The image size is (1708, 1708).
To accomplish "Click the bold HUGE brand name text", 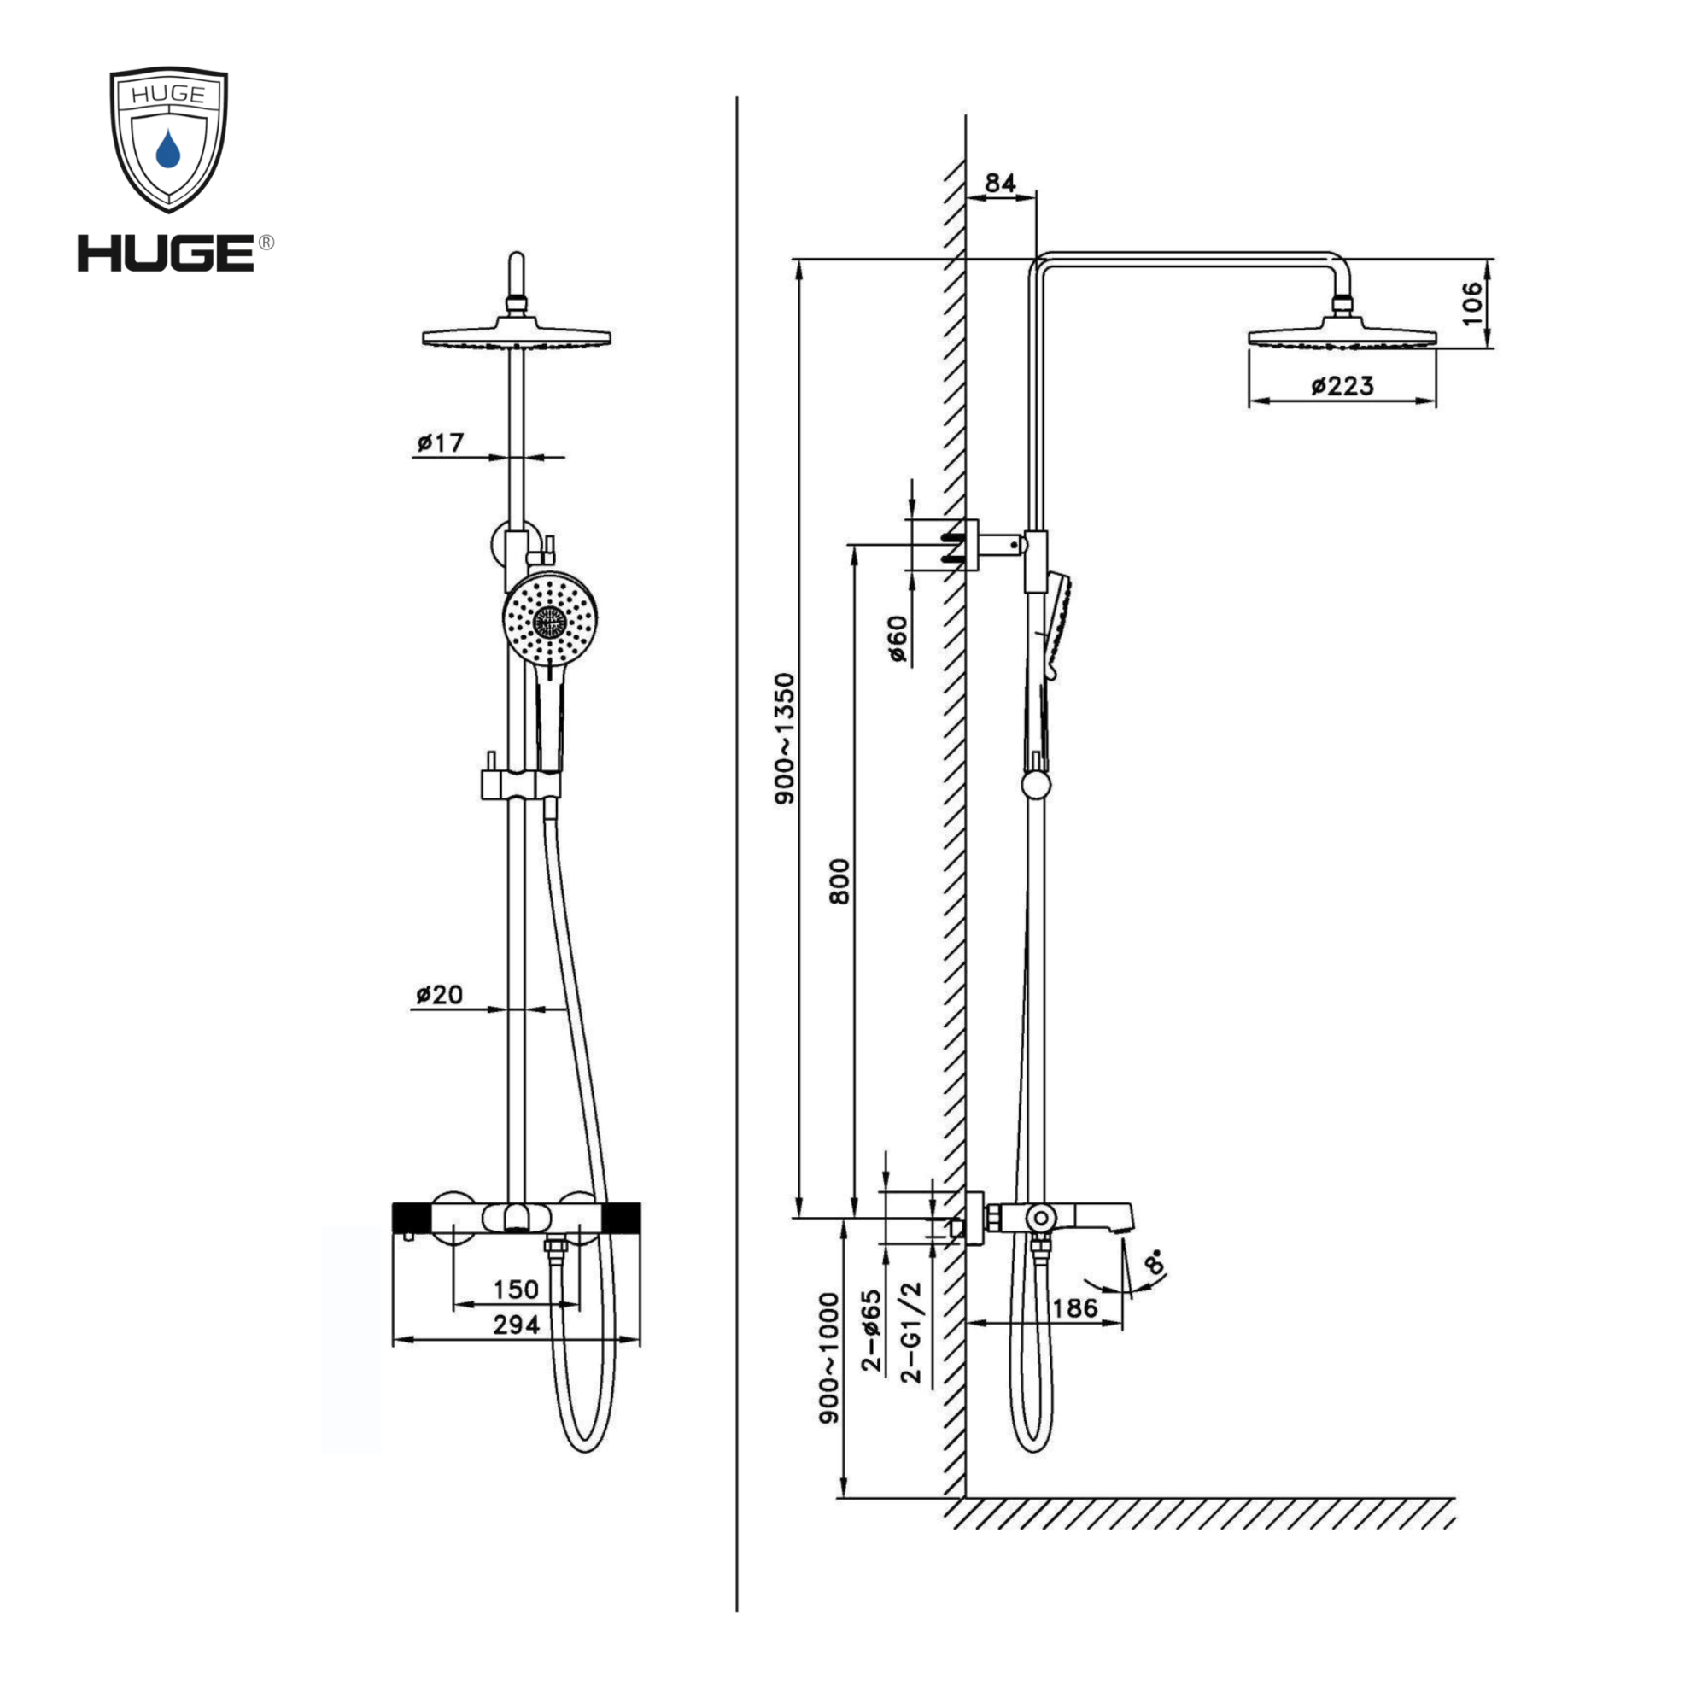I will [166, 254].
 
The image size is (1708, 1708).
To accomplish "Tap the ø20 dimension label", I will [439, 995].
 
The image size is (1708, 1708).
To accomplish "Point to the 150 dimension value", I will [516, 1289].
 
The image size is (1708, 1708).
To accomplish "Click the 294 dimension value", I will [516, 1325].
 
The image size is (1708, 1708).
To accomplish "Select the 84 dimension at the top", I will [1000, 183].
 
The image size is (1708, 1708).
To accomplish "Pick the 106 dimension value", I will [1471, 303].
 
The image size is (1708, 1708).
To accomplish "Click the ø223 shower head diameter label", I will [1342, 385].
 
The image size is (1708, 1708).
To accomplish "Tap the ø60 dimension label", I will [898, 639].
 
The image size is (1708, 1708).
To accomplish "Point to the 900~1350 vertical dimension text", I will [785, 738].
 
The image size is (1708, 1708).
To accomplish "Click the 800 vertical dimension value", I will [839, 881].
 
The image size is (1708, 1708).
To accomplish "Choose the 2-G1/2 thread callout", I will [910, 1332].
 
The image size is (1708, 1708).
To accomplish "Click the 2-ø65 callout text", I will [872, 1331].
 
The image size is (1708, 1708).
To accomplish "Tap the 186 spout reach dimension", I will [1075, 1308].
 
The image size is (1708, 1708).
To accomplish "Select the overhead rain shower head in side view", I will [1342, 336].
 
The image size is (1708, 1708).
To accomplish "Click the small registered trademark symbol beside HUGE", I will [266, 243].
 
